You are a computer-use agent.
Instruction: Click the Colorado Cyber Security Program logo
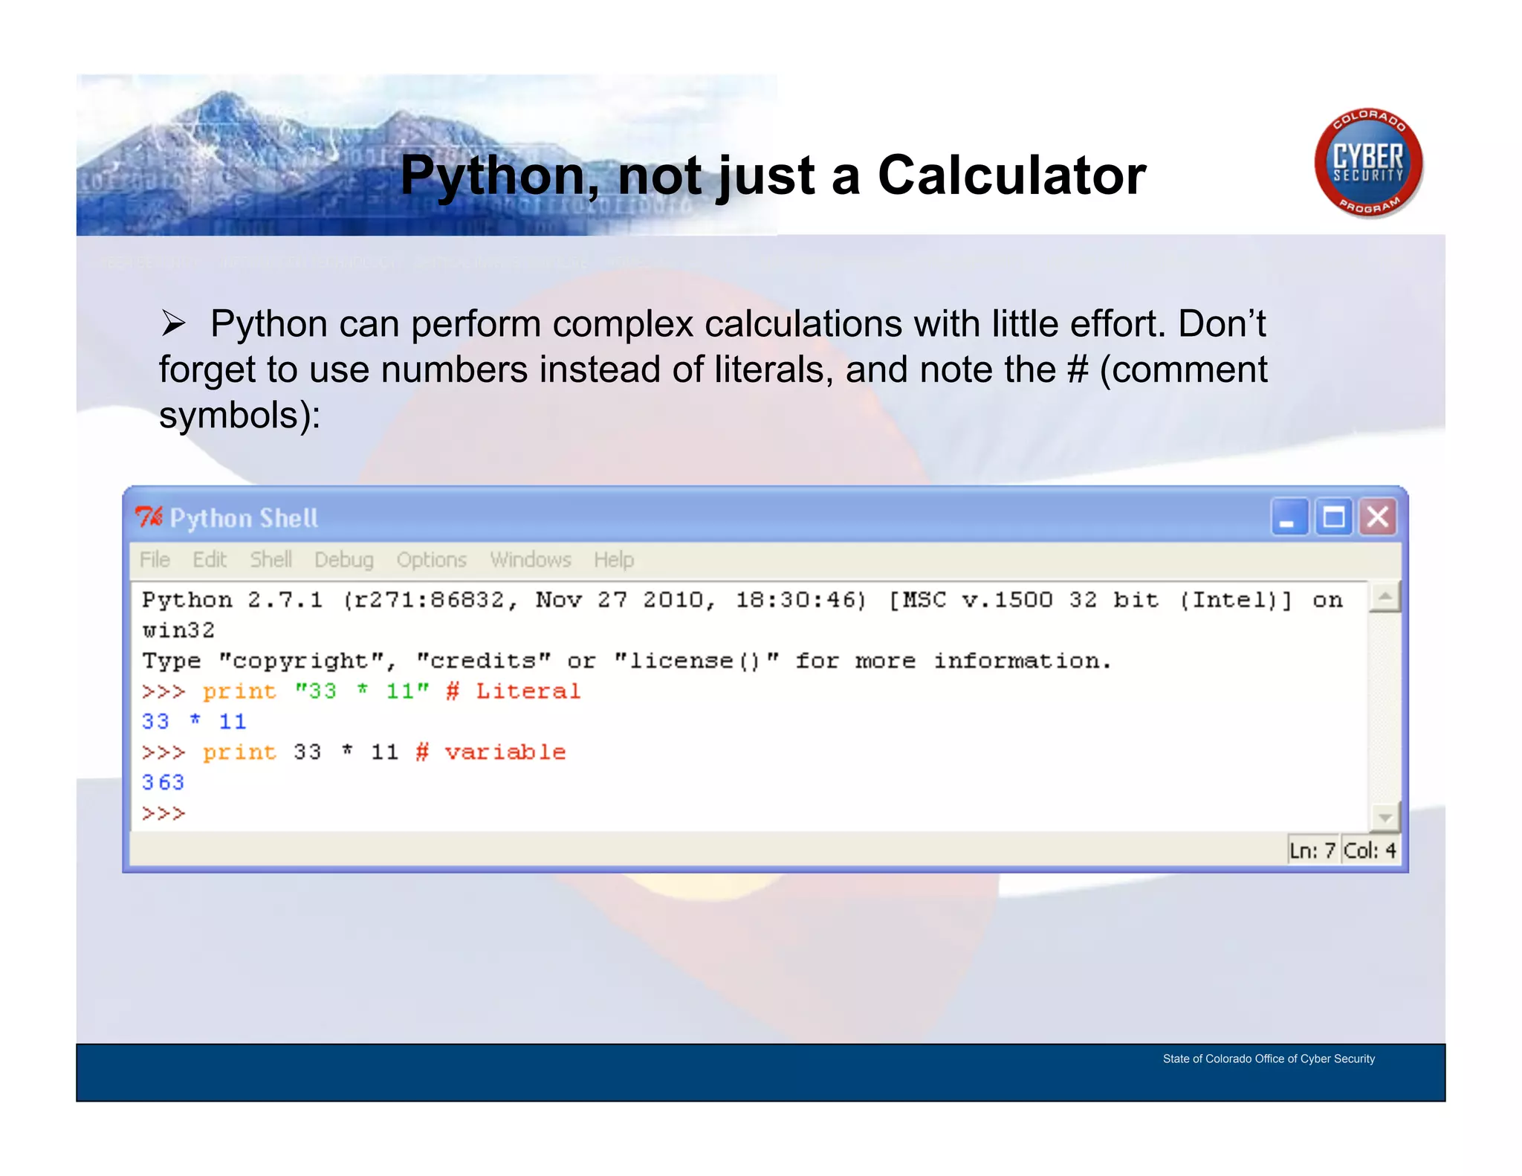pyautogui.click(x=1368, y=163)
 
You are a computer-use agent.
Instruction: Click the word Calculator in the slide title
pyautogui.click(x=1011, y=175)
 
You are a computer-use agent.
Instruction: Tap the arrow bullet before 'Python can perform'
pyautogui.click(x=174, y=323)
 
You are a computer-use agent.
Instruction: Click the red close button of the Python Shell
pyautogui.click(x=1377, y=517)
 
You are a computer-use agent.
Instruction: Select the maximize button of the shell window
pyautogui.click(x=1334, y=517)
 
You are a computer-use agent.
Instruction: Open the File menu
pyautogui.click(x=155, y=560)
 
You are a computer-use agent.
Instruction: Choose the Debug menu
pyautogui.click(x=343, y=560)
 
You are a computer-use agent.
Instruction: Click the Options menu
pyautogui.click(x=431, y=560)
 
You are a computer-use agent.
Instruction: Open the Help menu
pyautogui.click(x=613, y=560)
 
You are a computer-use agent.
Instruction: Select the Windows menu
pyautogui.click(x=530, y=560)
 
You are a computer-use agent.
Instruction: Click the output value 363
pyautogui.click(x=163, y=782)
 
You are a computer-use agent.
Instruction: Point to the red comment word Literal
pyautogui.click(x=528, y=691)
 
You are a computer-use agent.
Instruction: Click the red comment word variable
pyautogui.click(x=505, y=752)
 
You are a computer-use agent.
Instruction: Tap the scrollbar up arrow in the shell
pyautogui.click(x=1385, y=597)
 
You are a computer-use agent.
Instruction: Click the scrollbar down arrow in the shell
pyautogui.click(x=1385, y=818)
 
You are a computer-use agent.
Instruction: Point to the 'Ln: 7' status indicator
pyautogui.click(x=1312, y=850)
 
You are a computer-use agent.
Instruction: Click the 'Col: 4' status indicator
pyautogui.click(x=1370, y=850)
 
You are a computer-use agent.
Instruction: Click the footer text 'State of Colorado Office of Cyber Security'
pyautogui.click(x=1269, y=1059)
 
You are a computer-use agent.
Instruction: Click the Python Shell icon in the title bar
pyautogui.click(x=149, y=517)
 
